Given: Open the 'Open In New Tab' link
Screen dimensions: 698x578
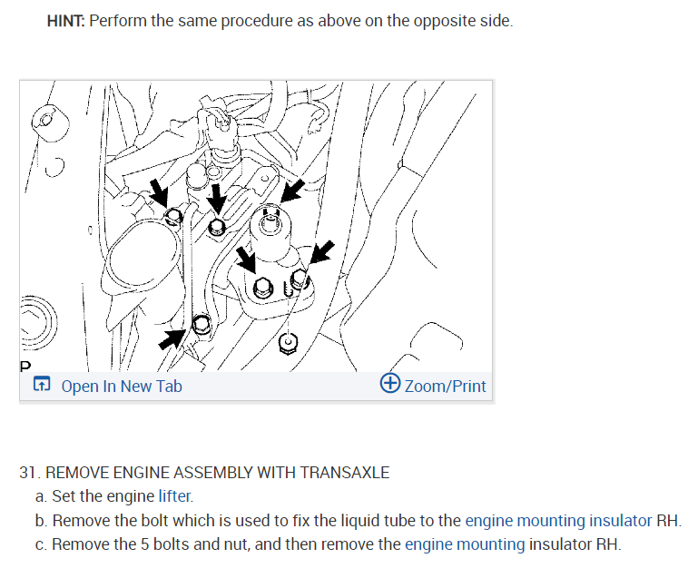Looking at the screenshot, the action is pyautogui.click(x=122, y=387).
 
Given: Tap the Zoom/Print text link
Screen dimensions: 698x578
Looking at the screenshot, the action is pyautogui.click(x=445, y=387).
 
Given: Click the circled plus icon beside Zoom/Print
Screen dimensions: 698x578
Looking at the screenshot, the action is pyautogui.click(x=390, y=385).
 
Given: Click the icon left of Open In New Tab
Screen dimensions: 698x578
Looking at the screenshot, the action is pyautogui.click(x=42, y=387).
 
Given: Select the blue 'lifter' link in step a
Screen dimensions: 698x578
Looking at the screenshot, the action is pyautogui.click(x=175, y=496).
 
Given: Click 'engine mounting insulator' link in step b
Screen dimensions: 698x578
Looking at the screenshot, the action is pyautogui.click(x=558, y=521).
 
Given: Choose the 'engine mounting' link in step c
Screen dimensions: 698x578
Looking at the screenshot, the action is pyautogui.click(x=465, y=544).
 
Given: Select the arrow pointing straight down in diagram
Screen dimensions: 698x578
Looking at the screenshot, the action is pyautogui.click(x=217, y=198).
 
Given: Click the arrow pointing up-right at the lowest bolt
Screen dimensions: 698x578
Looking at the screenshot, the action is pyautogui.click(x=172, y=338).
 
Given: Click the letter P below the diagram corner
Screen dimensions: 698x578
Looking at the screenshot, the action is pyautogui.click(x=25, y=367).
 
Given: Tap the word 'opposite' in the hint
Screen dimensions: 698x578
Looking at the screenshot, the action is pyautogui.click(x=416, y=20).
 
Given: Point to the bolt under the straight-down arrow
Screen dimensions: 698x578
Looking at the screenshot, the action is pyautogui.click(x=217, y=228).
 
